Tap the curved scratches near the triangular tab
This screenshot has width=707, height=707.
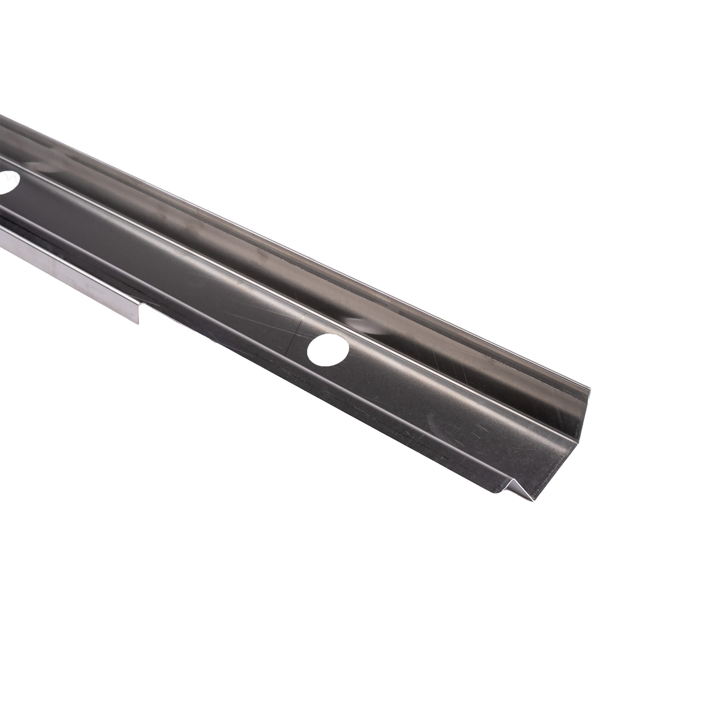pyautogui.click(x=476, y=439)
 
